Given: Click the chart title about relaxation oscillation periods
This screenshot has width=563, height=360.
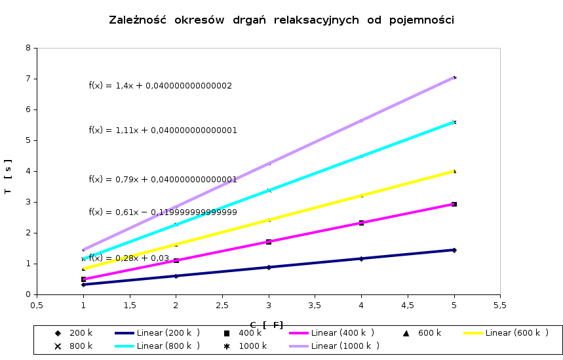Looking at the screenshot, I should tap(281, 20).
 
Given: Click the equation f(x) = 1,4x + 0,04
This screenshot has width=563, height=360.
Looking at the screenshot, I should tap(160, 86).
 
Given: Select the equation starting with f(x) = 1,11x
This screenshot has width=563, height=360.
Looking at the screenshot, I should tap(163, 130).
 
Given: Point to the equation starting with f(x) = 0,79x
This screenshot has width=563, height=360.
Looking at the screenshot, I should tap(163, 180).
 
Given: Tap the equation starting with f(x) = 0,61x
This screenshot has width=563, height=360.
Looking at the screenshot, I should tap(163, 212).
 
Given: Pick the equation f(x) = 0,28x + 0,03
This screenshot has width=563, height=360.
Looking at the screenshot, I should tap(129, 258).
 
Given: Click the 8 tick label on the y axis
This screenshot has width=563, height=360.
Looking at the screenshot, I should tap(28, 48).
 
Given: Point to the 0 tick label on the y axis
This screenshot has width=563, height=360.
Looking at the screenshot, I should tap(28, 294).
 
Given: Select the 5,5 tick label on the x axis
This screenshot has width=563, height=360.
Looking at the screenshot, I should tap(500, 305).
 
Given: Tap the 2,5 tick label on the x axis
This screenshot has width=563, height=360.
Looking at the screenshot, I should tap(222, 305).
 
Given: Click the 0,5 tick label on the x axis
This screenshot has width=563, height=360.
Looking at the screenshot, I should tap(37, 305).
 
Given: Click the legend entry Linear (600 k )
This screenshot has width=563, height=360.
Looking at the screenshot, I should tap(514, 333).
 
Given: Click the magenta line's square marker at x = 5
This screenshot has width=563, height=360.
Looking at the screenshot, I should tap(454, 205).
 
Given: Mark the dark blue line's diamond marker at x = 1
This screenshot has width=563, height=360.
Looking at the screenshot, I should tap(83, 285).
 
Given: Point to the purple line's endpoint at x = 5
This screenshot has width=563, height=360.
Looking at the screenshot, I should tap(454, 77).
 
